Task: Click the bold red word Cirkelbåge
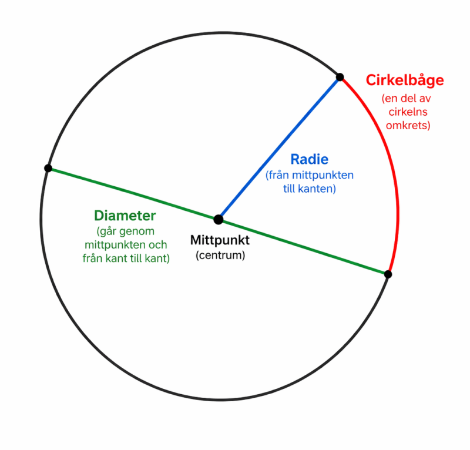tap(405, 80)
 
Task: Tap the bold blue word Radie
tap(309, 159)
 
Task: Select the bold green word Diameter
tap(125, 216)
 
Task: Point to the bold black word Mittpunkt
tap(220, 240)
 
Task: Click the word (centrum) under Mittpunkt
tap(220, 256)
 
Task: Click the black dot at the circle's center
tap(219, 220)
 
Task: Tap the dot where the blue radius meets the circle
tap(340, 77)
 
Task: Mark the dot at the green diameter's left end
tap(48, 168)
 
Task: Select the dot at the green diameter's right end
tap(388, 274)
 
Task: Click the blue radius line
tap(279, 148)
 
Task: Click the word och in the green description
tap(157, 244)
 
